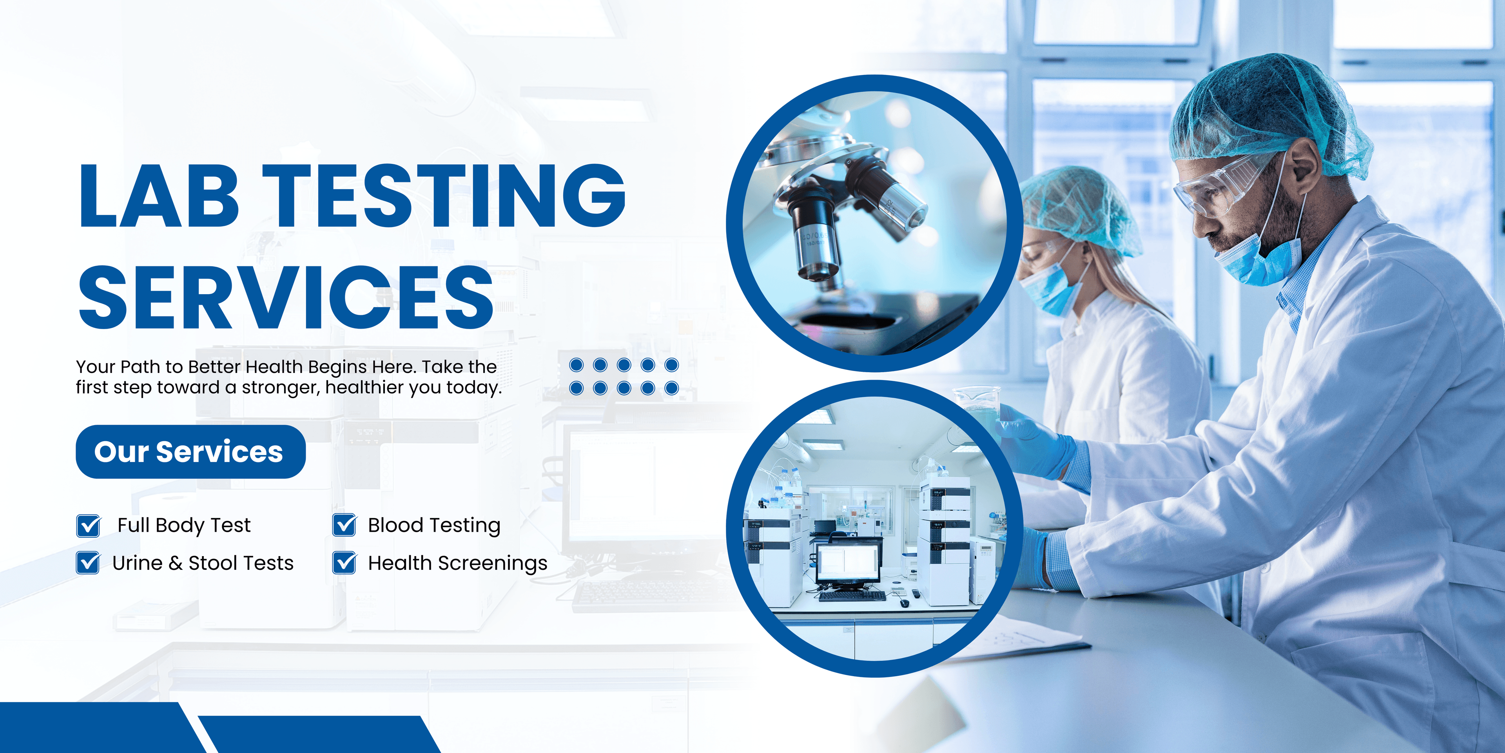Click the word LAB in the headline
click(x=159, y=195)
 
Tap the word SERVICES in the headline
click(x=286, y=297)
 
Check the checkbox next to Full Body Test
click(x=88, y=525)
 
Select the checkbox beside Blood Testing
click(x=344, y=525)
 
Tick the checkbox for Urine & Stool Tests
click(x=88, y=562)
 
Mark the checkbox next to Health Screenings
click(x=344, y=562)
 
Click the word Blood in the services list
click(x=395, y=525)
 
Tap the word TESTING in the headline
click(x=444, y=195)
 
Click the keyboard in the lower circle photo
click(x=852, y=596)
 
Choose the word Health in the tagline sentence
click(x=274, y=367)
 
